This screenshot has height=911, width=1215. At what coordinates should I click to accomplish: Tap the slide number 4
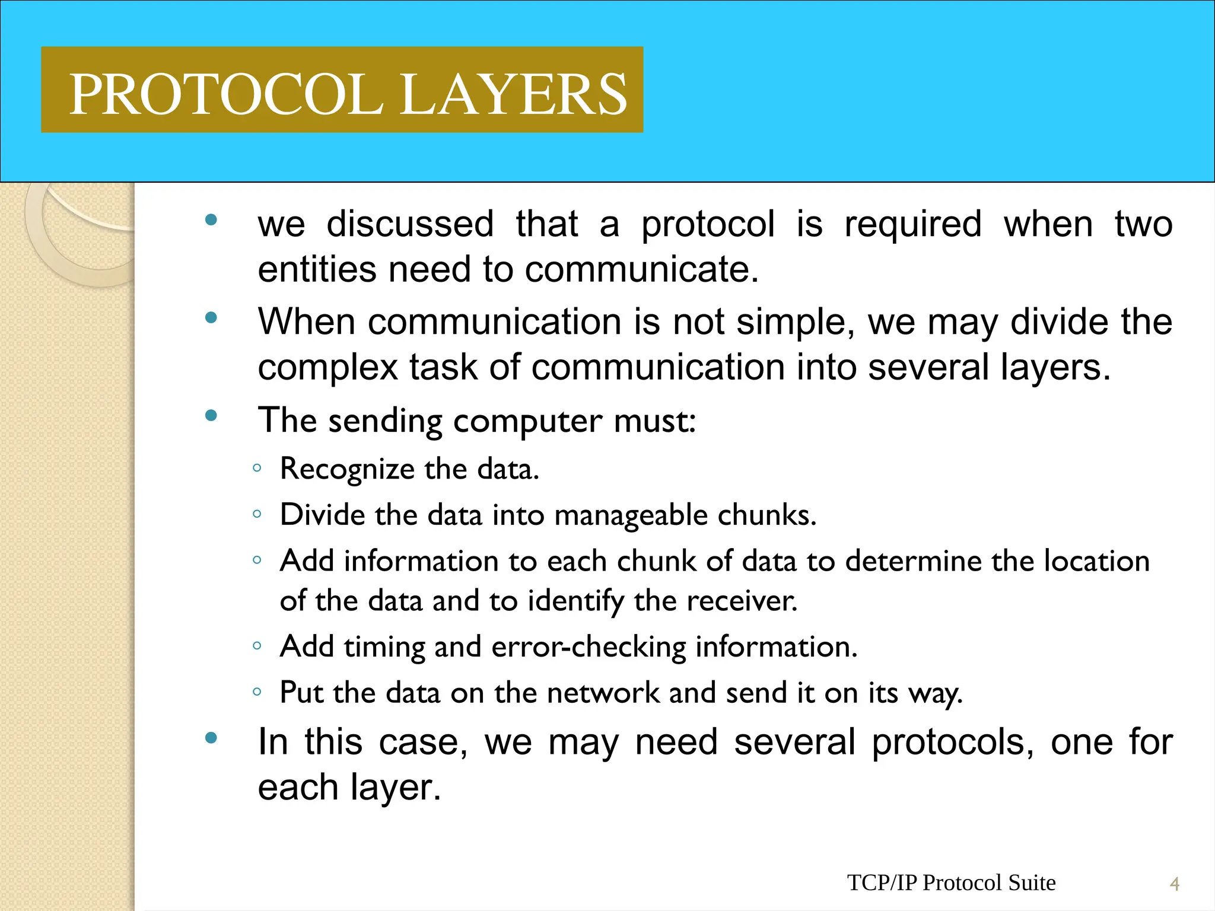(x=1174, y=884)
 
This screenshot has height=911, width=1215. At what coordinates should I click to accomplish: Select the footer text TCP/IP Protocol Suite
(x=951, y=883)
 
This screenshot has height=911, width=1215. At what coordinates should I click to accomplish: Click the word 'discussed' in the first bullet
(x=410, y=224)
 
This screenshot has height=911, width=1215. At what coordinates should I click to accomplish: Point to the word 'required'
(x=913, y=224)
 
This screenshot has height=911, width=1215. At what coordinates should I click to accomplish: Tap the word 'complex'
(x=327, y=368)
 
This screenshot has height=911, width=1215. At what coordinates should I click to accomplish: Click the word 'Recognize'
(x=348, y=469)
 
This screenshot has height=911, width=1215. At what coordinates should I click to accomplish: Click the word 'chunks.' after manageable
(x=767, y=515)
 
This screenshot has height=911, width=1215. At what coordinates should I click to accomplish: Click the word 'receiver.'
(x=742, y=601)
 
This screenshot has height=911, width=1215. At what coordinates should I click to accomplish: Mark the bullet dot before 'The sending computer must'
(x=211, y=416)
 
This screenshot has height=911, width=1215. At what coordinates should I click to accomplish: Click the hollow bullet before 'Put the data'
(x=257, y=692)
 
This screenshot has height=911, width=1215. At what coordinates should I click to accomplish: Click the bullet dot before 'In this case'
(x=211, y=738)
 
